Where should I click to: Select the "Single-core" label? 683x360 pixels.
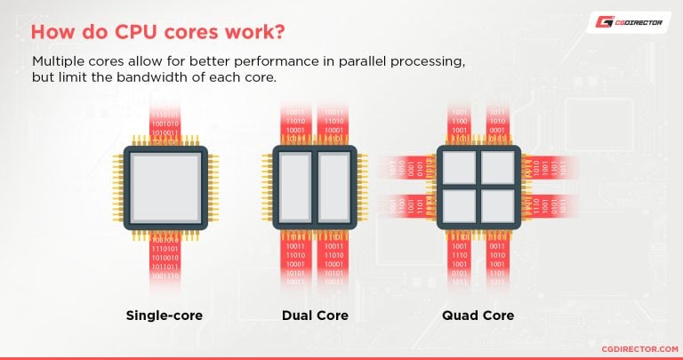pos(165,316)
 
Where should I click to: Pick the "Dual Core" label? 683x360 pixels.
pos(314,316)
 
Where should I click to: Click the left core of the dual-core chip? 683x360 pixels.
pos(294,187)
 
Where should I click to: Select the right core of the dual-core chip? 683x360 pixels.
pos(335,187)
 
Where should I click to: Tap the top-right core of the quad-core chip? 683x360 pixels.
pos(497,167)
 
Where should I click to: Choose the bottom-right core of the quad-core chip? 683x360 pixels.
pos(497,206)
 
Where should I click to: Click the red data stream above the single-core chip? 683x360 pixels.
pos(165,124)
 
